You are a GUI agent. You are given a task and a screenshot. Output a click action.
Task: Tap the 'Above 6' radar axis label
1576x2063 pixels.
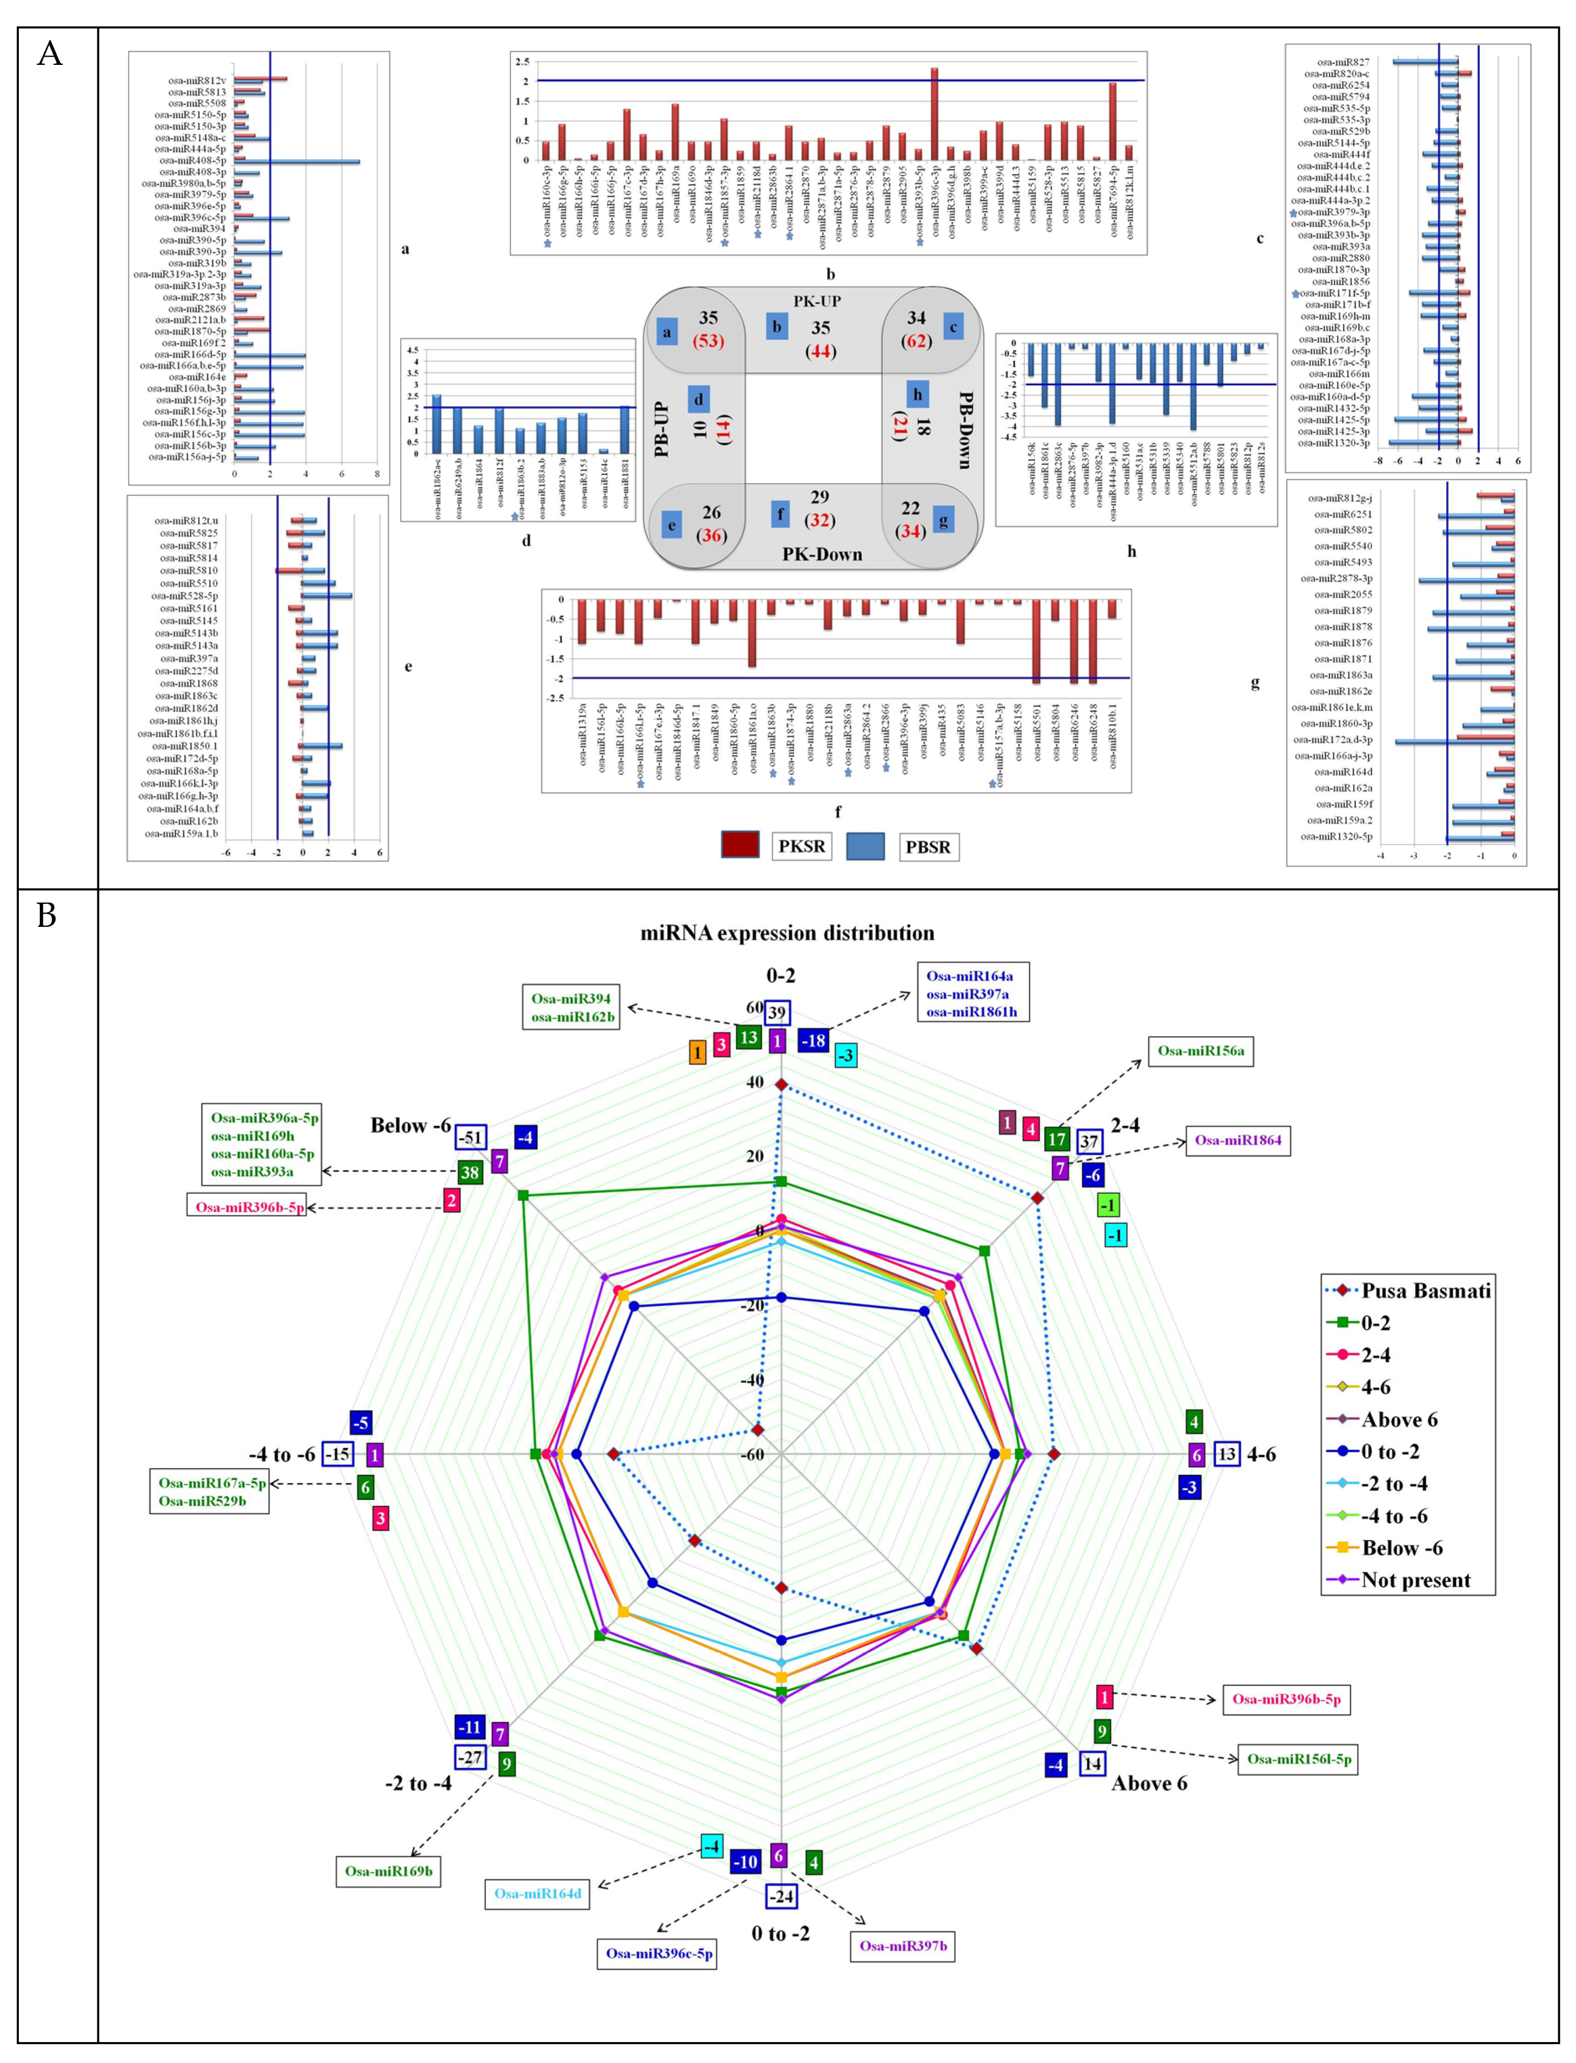(1149, 1784)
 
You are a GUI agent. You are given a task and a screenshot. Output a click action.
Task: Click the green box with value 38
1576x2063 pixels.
(470, 1172)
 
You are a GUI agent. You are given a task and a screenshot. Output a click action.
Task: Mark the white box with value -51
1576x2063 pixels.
(471, 1138)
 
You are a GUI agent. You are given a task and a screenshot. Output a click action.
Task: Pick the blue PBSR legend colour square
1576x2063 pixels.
(865, 846)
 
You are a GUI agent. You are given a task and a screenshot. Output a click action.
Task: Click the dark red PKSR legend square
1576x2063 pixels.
(740, 845)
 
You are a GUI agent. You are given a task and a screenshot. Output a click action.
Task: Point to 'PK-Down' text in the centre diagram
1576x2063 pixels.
(822, 554)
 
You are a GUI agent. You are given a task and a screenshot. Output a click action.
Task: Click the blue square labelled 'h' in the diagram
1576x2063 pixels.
(917, 395)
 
